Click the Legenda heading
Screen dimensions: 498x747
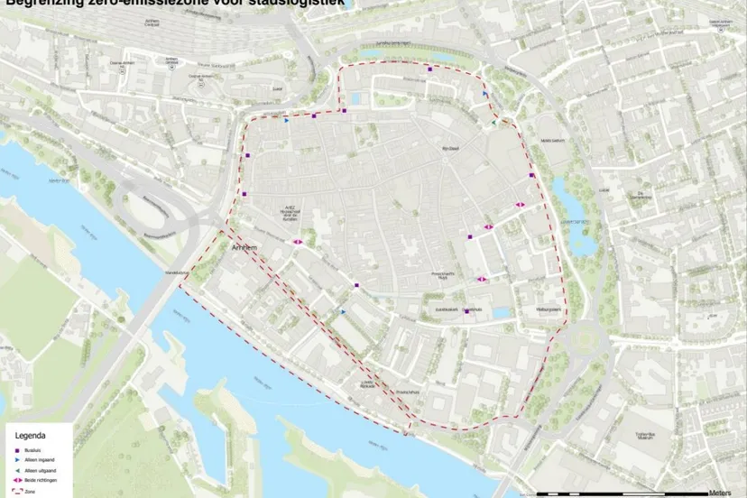coord(30,435)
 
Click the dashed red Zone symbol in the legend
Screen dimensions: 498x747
coord(17,492)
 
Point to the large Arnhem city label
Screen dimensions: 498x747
coord(244,246)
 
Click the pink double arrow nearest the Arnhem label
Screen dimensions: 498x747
coord(298,241)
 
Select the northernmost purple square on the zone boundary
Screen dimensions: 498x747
coord(430,69)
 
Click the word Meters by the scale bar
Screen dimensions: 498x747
coord(720,493)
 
